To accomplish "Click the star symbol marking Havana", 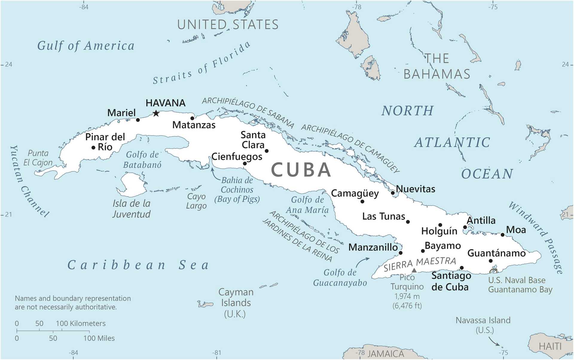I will [156, 113].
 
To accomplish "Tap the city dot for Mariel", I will [138, 120].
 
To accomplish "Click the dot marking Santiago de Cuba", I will [462, 268].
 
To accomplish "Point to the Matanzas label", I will [194, 125].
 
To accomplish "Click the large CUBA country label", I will [301, 170].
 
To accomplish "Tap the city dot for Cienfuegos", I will [245, 163].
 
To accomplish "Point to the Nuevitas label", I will [416, 189].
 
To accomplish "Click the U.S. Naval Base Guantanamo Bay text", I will [520, 285].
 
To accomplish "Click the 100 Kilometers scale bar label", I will [81, 323].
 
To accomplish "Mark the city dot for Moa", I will [503, 235].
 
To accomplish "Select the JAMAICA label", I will [386, 354].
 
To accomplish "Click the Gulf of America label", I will [86, 46].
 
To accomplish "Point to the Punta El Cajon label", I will [38, 158].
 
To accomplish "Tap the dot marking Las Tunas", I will [408, 222].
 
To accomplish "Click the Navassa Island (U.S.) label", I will [483, 325].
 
